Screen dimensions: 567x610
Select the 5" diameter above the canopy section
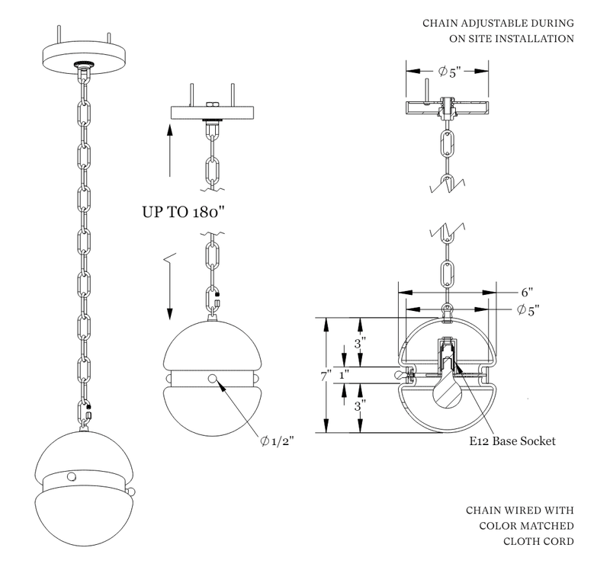point(446,72)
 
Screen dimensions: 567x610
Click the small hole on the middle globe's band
point(212,379)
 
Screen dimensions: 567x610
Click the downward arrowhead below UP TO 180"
point(169,314)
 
